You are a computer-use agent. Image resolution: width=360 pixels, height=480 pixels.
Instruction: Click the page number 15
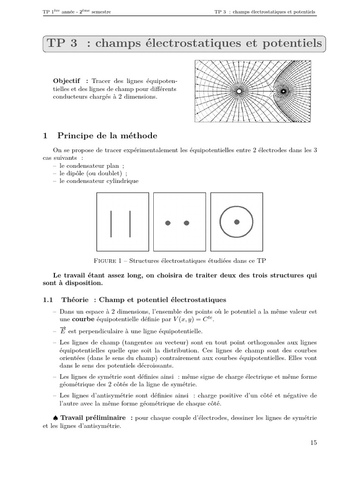[313, 442]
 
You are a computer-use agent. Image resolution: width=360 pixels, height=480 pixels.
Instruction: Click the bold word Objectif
[67, 81]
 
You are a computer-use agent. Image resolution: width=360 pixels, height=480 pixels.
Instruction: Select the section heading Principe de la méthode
[107, 136]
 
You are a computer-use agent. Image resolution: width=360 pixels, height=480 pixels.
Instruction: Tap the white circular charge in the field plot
[239, 91]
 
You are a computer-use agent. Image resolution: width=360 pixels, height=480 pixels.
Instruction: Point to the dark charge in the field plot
[283, 91]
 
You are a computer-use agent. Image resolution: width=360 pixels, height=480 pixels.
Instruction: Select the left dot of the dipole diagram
[168, 223]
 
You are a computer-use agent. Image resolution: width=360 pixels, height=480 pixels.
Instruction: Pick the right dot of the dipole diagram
[187, 223]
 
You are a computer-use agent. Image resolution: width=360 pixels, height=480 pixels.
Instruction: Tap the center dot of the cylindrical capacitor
[237, 222]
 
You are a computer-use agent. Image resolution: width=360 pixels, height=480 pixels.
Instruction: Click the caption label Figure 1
[109, 260]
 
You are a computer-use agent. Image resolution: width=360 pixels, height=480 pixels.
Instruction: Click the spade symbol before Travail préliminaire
[56, 417]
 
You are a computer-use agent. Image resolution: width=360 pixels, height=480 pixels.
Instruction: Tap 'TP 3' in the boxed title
[62, 44]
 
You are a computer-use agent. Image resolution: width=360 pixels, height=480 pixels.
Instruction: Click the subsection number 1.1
[48, 299]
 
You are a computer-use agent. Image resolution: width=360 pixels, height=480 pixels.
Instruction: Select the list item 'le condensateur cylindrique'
[99, 180]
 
